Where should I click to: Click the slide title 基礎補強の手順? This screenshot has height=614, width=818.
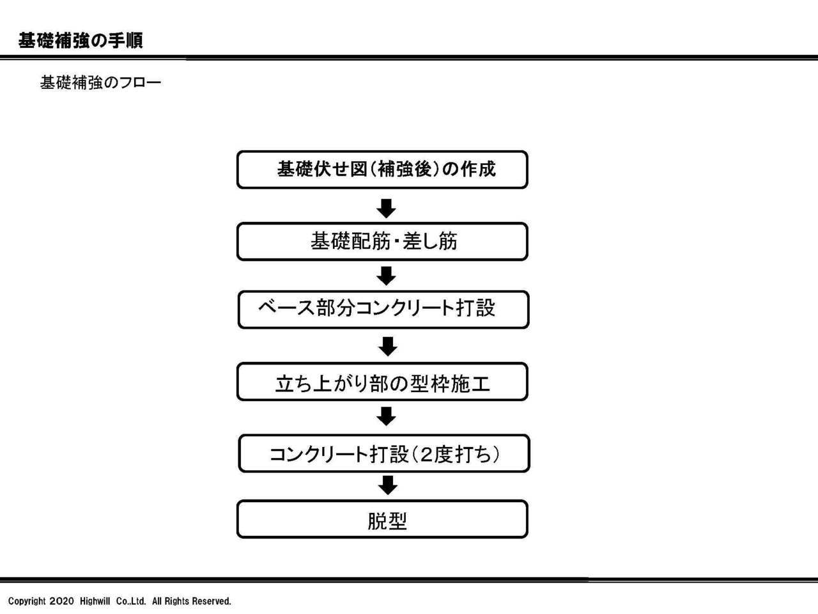point(81,40)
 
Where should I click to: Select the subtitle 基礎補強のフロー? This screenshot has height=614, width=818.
point(100,83)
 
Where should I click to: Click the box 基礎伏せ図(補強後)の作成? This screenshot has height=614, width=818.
point(382,169)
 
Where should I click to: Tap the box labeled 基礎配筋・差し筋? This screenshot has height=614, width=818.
point(382,242)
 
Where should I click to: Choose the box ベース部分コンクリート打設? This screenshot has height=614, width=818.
point(383,310)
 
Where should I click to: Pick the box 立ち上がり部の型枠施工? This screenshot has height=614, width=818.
point(382,382)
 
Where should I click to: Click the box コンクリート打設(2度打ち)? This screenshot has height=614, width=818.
point(384,453)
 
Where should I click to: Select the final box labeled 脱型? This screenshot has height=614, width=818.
point(382,519)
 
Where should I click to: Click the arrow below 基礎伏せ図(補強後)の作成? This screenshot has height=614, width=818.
point(386,209)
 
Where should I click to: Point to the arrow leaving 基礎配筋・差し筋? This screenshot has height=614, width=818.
point(386,276)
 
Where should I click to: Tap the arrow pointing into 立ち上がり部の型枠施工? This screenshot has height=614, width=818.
point(387,346)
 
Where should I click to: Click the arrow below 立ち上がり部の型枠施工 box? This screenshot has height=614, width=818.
point(386,416)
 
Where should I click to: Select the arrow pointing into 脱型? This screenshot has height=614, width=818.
point(387,485)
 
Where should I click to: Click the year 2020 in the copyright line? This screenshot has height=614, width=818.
point(62,601)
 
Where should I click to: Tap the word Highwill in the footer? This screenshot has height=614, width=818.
point(95,601)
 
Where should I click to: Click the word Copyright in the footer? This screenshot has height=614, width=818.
point(27,602)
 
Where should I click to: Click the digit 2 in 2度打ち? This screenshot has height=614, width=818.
point(426,455)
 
